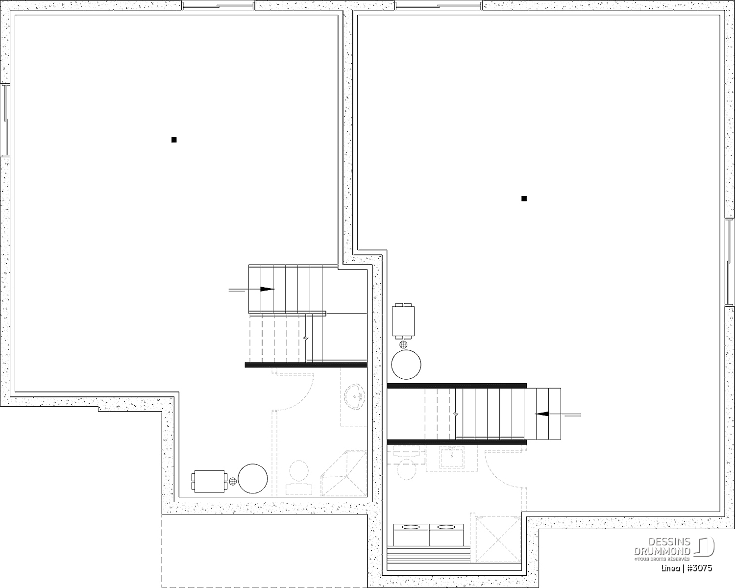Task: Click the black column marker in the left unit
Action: [x=174, y=140]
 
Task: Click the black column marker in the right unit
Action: [x=524, y=198]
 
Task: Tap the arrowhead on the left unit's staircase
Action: [x=267, y=289]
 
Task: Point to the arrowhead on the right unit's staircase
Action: [x=542, y=414]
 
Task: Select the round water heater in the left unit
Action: [x=253, y=478]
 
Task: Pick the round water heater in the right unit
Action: [x=406, y=364]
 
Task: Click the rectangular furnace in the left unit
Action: [x=209, y=481]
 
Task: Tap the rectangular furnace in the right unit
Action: [x=403, y=321]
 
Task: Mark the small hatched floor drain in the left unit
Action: [x=233, y=481]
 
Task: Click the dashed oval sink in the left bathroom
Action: [x=355, y=397]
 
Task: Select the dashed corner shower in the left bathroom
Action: [x=343, y=473]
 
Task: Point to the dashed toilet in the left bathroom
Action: [x=299, y=477]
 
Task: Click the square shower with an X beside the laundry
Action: [x=498, y=540]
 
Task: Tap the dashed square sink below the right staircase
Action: [x=451, y=459]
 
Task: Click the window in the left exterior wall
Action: [x=5, y=120]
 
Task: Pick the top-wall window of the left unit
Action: [x=218, y=5]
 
